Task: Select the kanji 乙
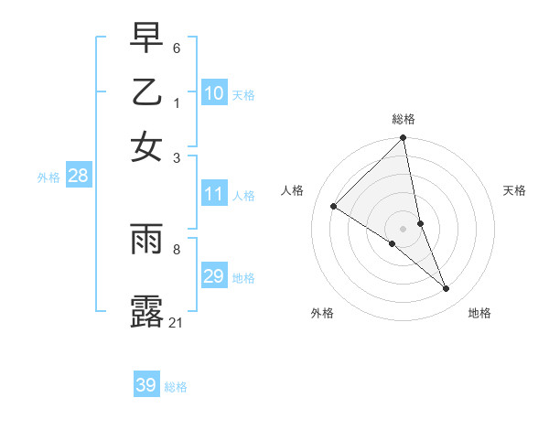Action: coord(146,92)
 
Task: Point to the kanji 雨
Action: coord(146,239)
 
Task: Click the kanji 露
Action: coord(146,311)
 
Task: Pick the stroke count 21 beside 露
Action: coord(177,322)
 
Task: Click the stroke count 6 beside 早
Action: coord(177,48)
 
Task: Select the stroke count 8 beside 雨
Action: coord(177,248)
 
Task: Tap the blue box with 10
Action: coord(214,92)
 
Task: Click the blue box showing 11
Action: coord(214,194)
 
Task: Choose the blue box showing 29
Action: coord(214,276)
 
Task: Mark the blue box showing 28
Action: coord(78,177)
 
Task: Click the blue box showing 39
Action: coord(146,385)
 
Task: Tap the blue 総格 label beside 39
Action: coord(176,387)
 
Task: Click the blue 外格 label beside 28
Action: coord(48,178)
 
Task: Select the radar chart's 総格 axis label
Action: coord(404,119)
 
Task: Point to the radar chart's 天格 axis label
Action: coord(515,190)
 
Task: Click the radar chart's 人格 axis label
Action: coord(293,190)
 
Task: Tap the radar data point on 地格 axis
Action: coord(447,289)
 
